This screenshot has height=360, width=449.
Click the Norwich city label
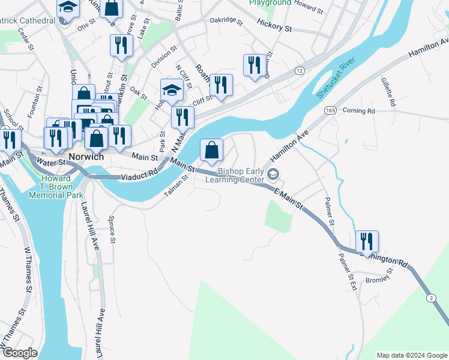tap(86, 157)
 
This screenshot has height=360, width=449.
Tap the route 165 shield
tap(330, 111)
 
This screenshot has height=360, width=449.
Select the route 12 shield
tap(299, 71)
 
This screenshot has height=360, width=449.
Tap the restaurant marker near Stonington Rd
tap(367, 241)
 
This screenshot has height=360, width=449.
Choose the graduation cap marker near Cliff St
tap(172, 91)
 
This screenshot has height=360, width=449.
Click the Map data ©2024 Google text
tap(411, 355)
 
